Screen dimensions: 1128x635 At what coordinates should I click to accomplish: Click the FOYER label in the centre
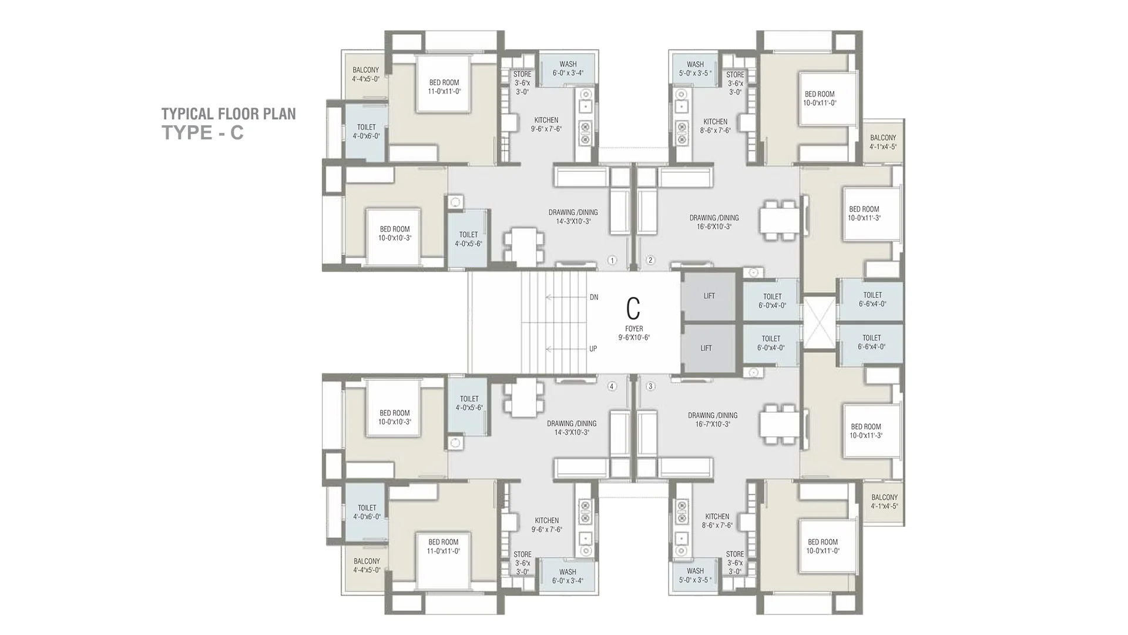point(634,329)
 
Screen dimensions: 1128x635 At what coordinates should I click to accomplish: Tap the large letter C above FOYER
point(633,308)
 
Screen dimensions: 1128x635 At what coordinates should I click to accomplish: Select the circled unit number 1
point(612,260)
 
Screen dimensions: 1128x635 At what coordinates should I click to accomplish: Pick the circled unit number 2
point(650,260)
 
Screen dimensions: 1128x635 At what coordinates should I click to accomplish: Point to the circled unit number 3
point(650,386)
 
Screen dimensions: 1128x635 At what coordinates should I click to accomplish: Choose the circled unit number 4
point(612,386)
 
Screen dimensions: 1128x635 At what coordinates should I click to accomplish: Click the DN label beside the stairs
point(594,298)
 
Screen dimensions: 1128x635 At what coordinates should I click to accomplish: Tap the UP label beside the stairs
point(593,349)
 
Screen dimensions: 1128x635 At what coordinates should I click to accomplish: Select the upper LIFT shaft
point(709,296)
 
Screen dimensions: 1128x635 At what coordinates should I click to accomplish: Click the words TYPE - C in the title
point(203,133)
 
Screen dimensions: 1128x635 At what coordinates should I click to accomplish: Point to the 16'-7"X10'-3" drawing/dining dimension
point(713,424)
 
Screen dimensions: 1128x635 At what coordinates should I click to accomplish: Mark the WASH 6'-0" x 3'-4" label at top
point(568,69)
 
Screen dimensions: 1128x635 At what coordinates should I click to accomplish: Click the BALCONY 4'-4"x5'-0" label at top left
point(365,74)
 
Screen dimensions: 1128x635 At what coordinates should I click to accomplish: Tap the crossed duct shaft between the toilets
point(818,322)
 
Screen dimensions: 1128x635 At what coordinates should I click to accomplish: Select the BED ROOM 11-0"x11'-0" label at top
point(444,87)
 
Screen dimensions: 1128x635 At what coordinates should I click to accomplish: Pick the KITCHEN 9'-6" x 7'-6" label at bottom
point(547,525)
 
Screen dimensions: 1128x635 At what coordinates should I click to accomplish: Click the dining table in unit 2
point(779,220)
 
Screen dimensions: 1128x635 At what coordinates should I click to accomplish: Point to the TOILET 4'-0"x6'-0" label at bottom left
point(367,512)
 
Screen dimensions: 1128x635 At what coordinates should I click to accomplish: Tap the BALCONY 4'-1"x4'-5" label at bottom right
point(884,502)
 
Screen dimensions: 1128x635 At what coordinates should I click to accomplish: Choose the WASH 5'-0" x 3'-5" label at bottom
point(695,575)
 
